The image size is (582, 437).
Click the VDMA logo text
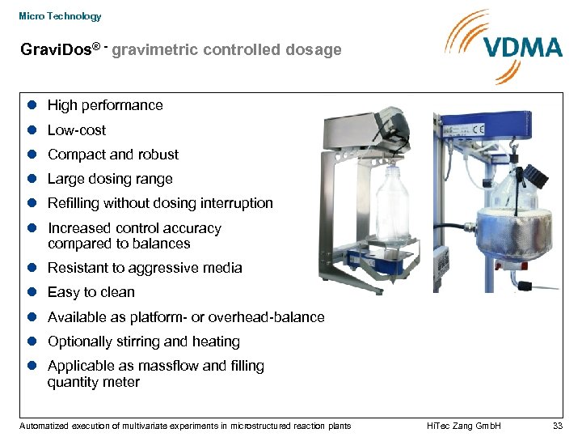coord(523,46)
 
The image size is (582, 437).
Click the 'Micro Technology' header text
coord(60,16)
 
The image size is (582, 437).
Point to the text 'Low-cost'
coord(77,130)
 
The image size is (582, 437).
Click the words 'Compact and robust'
coord(113,155)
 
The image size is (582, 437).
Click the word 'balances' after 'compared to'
coord(165,244)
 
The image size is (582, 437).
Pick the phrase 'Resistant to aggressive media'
coord(145,268)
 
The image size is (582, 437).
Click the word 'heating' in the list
coord(215,342)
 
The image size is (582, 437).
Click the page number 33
coord(556,426)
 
